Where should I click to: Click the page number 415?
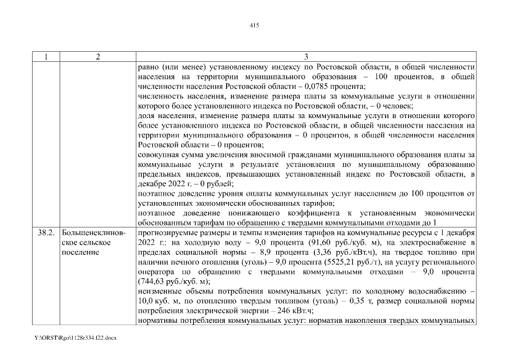coord(254,25)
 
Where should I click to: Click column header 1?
coord(46,57)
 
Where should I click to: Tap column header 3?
coord(306,57)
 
